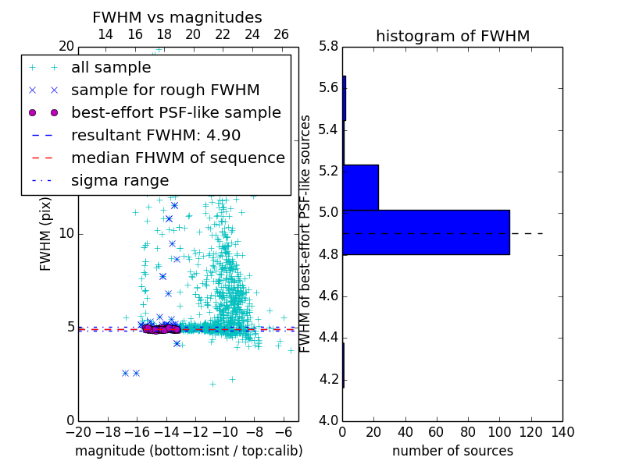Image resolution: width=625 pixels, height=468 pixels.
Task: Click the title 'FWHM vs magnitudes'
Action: coord(177,17)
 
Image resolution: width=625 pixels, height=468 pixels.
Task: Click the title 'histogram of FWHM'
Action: coord(452,36)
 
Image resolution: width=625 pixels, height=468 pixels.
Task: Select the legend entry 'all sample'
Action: coord(111,68)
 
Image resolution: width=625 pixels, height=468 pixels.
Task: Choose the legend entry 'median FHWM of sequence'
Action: coord(177,158)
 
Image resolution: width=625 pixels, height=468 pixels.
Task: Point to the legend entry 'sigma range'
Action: coord(120,180)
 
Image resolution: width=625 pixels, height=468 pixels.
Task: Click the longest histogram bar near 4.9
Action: coord(426,232)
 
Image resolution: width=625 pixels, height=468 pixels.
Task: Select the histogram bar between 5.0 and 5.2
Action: coord(360,187)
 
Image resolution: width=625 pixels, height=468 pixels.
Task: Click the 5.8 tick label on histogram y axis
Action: coord(328,47)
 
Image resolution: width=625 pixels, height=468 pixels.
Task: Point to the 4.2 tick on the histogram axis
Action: coord(328,380)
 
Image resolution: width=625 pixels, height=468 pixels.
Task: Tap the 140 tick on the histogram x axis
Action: coord(562,431)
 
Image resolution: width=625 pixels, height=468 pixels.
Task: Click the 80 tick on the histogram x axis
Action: coord(468,431)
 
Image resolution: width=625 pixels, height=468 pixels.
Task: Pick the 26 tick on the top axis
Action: coord(281,34)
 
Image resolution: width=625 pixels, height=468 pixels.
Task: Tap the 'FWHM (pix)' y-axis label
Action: coord(46,233)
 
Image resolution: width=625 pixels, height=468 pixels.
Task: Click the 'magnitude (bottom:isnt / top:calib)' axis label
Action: coord(188,451)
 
